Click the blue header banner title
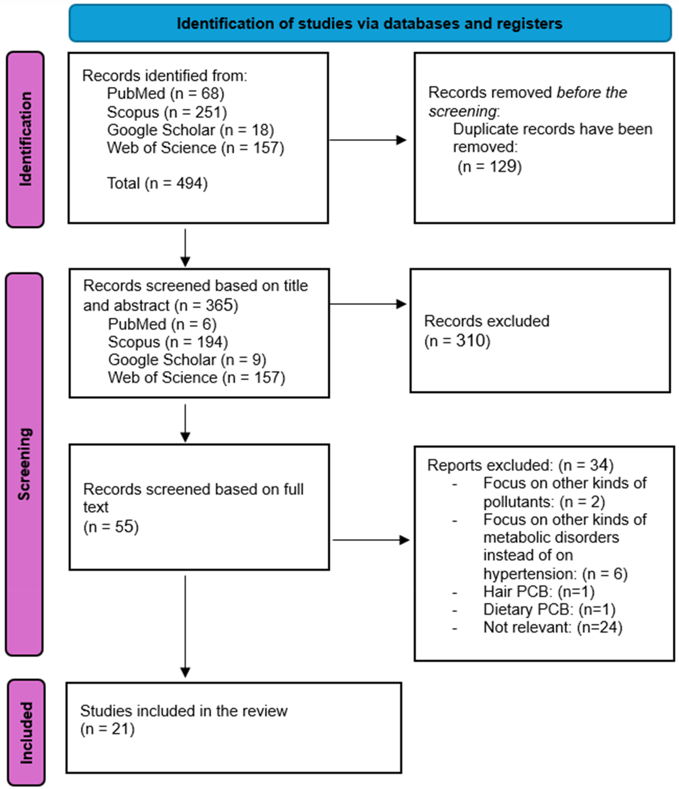pyautogui.click(x=369, y=23)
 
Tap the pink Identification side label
pyautogui.click(x=25, y=139)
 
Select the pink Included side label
pyautogui.click(x=26, y=733)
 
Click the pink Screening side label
pyautogui.click(x=24, y=464)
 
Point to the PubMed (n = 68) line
pyautogui.click(x=165, y=94)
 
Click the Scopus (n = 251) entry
pyautogui.click(x=167, y=112)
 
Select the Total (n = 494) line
pyautogui.click(x=157, y=183)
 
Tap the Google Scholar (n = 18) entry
pyautogui.click(x=190, y=130)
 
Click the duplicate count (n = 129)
pyautogui.click(x=489, y=166)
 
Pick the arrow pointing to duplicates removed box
pyautogui.click(x=368, y=140)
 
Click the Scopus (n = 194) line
pyautogui.click(x=168, y=342)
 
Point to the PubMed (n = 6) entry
pyautogui.click(x=162, y=324)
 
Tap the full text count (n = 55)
pyautogui.click(x=111, y=527)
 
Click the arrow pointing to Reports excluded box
pyautogui.click(x=371, y=540)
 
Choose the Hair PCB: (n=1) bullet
pyautogui.click(x=538, y=592)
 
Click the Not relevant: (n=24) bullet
pyautogui.click(x=552, y=627)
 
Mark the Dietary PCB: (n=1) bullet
pyautogui.click(x=549, y=609)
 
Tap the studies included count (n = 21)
pyautogui.click(x=107, y=729)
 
